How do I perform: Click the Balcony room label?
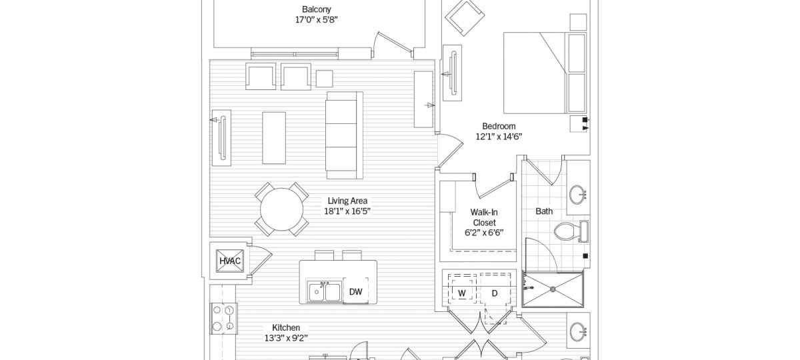click(316, 9)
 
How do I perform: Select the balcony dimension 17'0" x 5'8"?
click(316, 20)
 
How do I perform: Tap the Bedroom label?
click(499, 126)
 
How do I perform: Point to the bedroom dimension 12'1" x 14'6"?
click(499, 137)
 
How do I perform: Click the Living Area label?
click(347, 201)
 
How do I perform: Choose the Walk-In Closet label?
click(484, 217)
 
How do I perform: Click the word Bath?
click(544, 211)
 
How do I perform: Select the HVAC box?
click(230, 261)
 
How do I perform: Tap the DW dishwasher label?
click(355, 291)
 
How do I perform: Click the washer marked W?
click(461, 293)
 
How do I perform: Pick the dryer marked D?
click(495, 293)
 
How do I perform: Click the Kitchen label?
click(285, 327)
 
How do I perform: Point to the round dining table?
click(282, 209)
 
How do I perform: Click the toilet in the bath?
click(568, 232)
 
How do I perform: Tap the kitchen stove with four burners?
click(223, 318)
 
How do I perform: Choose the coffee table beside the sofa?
click(274, 137)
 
